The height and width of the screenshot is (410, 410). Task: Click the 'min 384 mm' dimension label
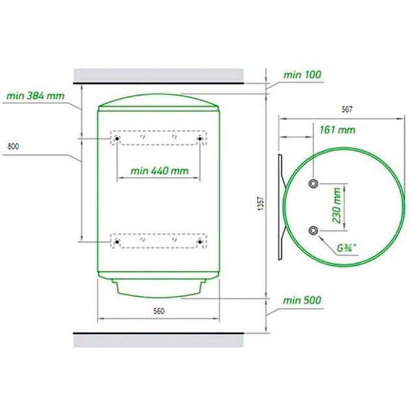point(35,96)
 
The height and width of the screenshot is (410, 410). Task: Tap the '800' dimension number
point(13,146)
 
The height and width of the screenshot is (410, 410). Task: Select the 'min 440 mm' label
point(159,171)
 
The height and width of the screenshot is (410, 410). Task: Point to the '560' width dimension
point(159,311)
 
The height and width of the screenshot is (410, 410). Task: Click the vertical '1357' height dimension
point(261,204)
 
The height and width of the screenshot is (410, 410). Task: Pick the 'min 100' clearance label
point(302,75)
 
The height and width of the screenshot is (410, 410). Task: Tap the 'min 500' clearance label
point(302,301)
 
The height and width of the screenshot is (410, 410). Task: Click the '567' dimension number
point(347,109)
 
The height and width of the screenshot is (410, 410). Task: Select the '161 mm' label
point(338,130)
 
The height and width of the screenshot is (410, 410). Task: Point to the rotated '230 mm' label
point(337,205)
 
